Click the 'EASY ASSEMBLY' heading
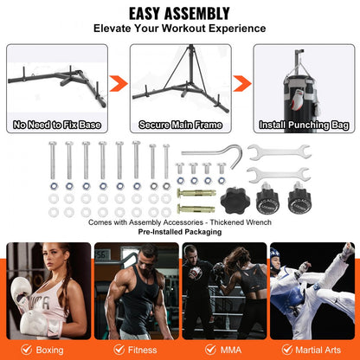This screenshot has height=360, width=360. [179, 13]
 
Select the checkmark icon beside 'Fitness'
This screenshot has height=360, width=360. [110, 350]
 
